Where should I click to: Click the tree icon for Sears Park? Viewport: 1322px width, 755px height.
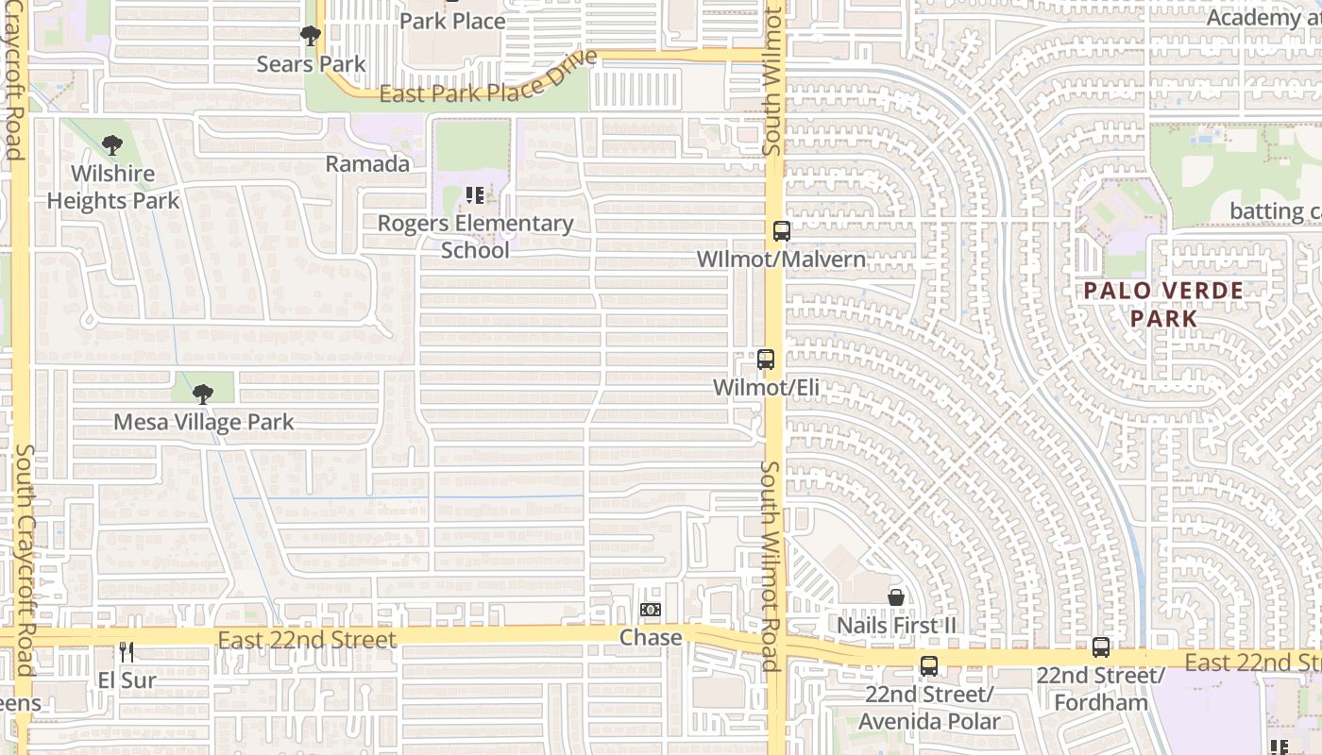pos(309,37)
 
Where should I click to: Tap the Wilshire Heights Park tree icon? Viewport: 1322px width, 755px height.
pos(112,145)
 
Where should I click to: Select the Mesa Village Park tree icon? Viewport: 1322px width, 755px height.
pos(202,394)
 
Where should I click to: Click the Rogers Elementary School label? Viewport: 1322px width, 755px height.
pos(475,236)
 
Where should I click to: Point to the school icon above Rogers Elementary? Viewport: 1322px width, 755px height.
pos(475,195)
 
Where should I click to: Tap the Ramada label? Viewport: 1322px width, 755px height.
pos(367,163)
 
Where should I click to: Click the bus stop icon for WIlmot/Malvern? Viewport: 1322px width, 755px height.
pos(782,230)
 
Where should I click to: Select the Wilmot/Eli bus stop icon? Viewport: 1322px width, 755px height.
pos(766,360)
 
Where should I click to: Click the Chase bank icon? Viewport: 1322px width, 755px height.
pos(650,610)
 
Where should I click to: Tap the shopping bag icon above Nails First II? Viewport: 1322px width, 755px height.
pos(896,596)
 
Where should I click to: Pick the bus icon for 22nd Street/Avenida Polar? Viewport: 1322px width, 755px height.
pos(929,665)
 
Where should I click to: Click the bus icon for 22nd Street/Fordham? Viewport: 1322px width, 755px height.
pos(1101,647)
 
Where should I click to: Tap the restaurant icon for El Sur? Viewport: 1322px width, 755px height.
pos(127,652)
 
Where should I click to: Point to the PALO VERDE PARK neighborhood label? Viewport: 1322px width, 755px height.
pos(1163,304)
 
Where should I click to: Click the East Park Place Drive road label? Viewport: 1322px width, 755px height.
pos(488,79)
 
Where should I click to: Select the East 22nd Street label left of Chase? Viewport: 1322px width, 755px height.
pos(307,640)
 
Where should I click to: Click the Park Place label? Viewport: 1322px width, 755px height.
pos(452,20)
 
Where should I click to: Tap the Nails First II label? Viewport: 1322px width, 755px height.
pos(896,625)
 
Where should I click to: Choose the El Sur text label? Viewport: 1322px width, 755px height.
pos(127,679)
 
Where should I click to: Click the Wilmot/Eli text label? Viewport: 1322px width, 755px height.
pos(766,387)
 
